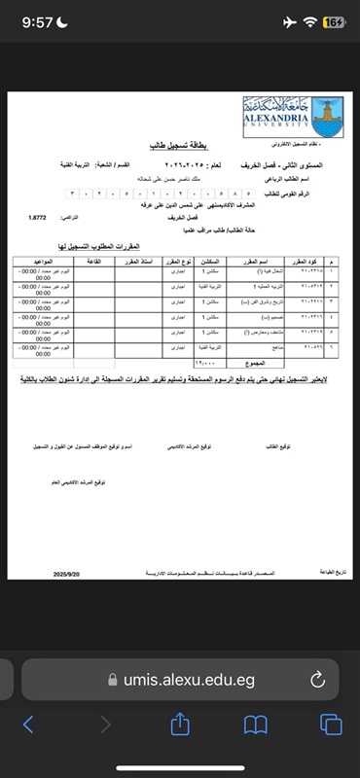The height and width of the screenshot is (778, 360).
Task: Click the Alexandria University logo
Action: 293,116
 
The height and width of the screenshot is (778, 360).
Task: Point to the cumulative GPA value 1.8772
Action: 39,217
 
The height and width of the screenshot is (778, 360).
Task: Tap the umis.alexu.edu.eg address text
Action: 188,680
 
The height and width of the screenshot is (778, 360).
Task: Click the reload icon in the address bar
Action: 318,680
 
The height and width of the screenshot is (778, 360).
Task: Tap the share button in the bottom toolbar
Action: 180,725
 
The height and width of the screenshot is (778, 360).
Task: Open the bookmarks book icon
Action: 256,725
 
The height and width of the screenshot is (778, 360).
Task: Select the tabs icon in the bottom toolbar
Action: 331,725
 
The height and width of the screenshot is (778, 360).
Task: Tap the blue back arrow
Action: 28,725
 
